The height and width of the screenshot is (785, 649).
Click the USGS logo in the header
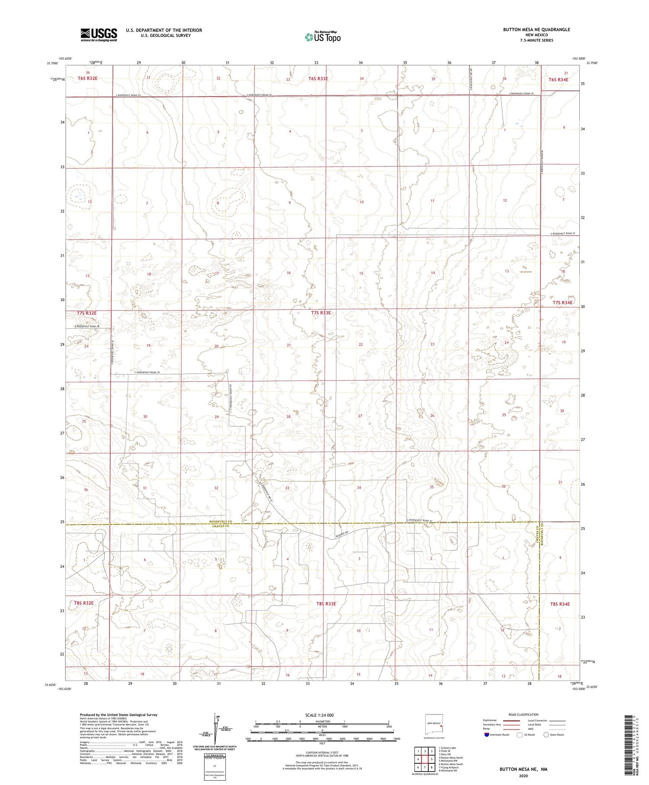tap(99, 35)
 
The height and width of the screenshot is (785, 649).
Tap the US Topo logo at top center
tap(322, 37)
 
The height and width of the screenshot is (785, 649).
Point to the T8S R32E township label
tap(84, 603)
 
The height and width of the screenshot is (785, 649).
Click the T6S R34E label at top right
tap(558, 79)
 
